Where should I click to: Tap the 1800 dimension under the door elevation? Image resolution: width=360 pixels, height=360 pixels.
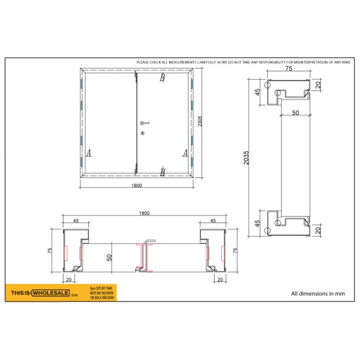coord(135,186)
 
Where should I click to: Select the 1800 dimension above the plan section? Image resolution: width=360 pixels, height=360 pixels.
coord(145,213)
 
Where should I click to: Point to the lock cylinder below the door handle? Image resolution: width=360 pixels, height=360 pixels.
coord(141,134)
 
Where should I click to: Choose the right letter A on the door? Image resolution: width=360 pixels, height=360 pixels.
coord(185,153)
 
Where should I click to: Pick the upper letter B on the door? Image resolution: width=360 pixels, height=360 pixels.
coord(162,79)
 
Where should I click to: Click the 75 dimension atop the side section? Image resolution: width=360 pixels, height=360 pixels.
coord(289,68)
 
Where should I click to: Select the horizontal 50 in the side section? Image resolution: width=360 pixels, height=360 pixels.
coord(295,113)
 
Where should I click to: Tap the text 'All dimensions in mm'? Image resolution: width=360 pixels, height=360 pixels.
coord(317,293)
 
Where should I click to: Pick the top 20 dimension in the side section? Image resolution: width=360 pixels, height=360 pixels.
coord(318,84)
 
